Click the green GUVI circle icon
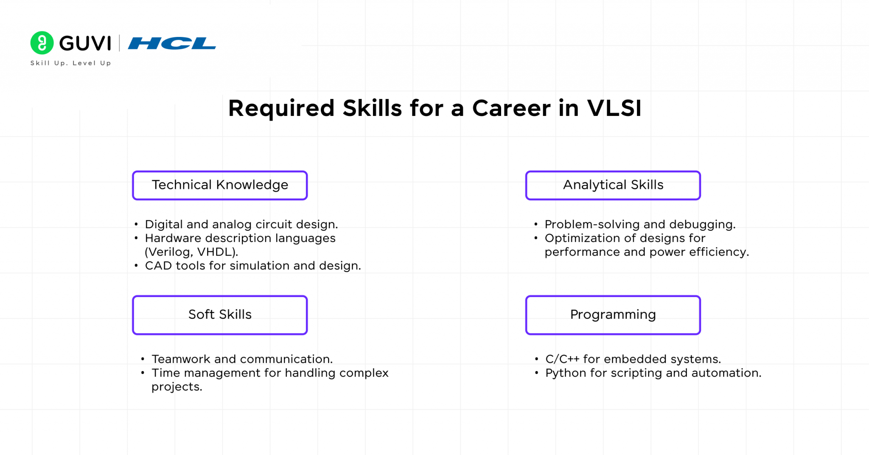pyautogui.click(x=42, y=43)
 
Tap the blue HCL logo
pyautogui.click(x=172, y=43)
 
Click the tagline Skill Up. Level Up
pyautogui.click(x=70, y=63)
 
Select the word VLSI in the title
pyautogui.click(x=614, y=108)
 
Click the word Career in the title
pyautogui.click(x=511, y=108)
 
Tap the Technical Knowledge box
pyautogui.click(x=220, y=185)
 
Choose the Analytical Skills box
pyautogui.click(x=613, y=185)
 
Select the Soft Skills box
pyautogui.click(x=220, y=315)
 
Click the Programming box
pyautogui.click(x=613, y=315)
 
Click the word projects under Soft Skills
pyautogui.click(x=177, y=387)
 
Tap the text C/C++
pyautogui.click(x=562, y=359)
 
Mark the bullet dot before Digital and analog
pyautogui.click(x=136, y=225)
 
